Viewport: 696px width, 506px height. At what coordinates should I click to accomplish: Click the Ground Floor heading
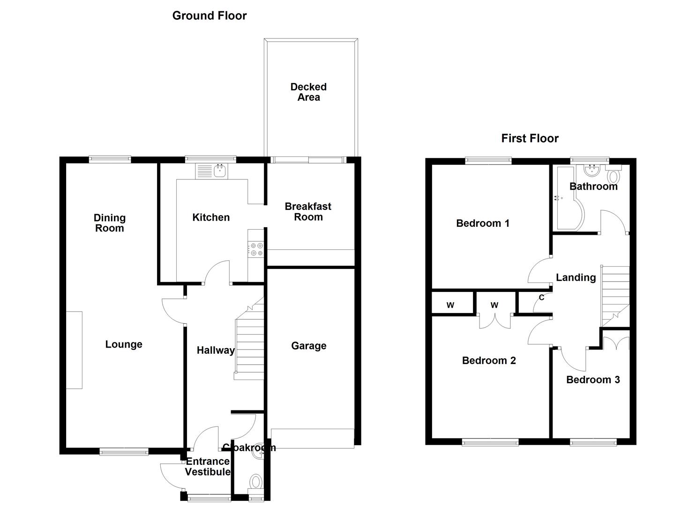point(210,15)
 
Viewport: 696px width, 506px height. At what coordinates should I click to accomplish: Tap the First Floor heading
point(530,138)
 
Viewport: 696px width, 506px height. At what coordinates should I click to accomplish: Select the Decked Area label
point(308,92)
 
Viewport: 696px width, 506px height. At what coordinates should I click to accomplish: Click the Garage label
point(309,346)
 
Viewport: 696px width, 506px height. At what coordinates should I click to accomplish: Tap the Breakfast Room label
point(308,211)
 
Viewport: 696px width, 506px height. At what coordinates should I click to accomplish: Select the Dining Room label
point(109,223)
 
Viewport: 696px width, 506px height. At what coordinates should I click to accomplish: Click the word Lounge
point(124,344)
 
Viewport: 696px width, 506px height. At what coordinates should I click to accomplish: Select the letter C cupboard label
point(542,298)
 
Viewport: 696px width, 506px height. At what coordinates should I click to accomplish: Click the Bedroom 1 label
point(483,223)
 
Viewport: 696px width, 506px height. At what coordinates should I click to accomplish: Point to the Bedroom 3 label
point(593,379)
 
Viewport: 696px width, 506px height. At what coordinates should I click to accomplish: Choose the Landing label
point(576,278)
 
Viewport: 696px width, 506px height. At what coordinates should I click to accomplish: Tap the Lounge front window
point(124,452)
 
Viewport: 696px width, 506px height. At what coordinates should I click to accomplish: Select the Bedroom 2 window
point(490,442)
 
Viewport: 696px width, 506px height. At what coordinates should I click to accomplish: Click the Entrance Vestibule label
point(208,467)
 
